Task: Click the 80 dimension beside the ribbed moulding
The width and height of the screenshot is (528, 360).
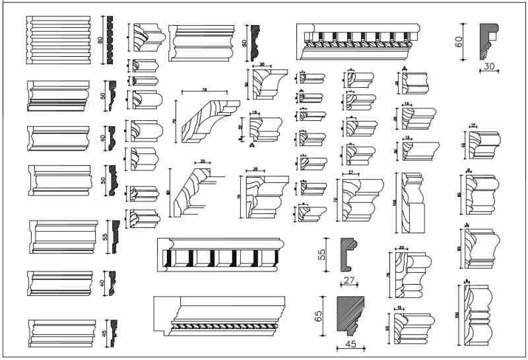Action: click(x=101, y=40)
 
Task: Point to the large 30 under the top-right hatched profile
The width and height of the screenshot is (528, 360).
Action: click(x=489, y=67)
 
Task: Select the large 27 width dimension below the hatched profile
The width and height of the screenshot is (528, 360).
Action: click(x=349, y=281)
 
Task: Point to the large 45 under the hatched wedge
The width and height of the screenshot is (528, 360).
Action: click(x=350, y=344)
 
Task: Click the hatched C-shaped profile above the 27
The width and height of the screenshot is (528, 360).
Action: click(x=348, y=254)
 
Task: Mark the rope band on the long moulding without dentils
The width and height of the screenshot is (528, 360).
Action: click(x=220, y=326)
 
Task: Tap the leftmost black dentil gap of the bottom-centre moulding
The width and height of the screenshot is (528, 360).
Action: click(x=172, y=258)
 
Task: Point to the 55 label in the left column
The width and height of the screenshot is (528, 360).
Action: click(x=105, y=236)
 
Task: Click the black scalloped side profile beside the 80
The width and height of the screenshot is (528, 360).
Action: click(x=110, y=40)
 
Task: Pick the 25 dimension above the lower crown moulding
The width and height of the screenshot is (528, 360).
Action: click(x=203, y=161)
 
